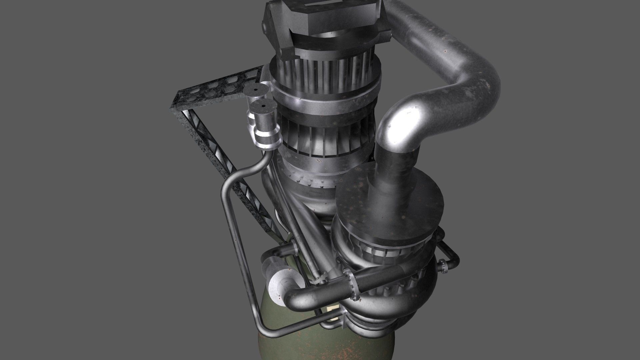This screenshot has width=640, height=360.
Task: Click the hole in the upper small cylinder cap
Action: click(255, 89)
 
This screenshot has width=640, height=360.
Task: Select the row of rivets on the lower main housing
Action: click(310, 182)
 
